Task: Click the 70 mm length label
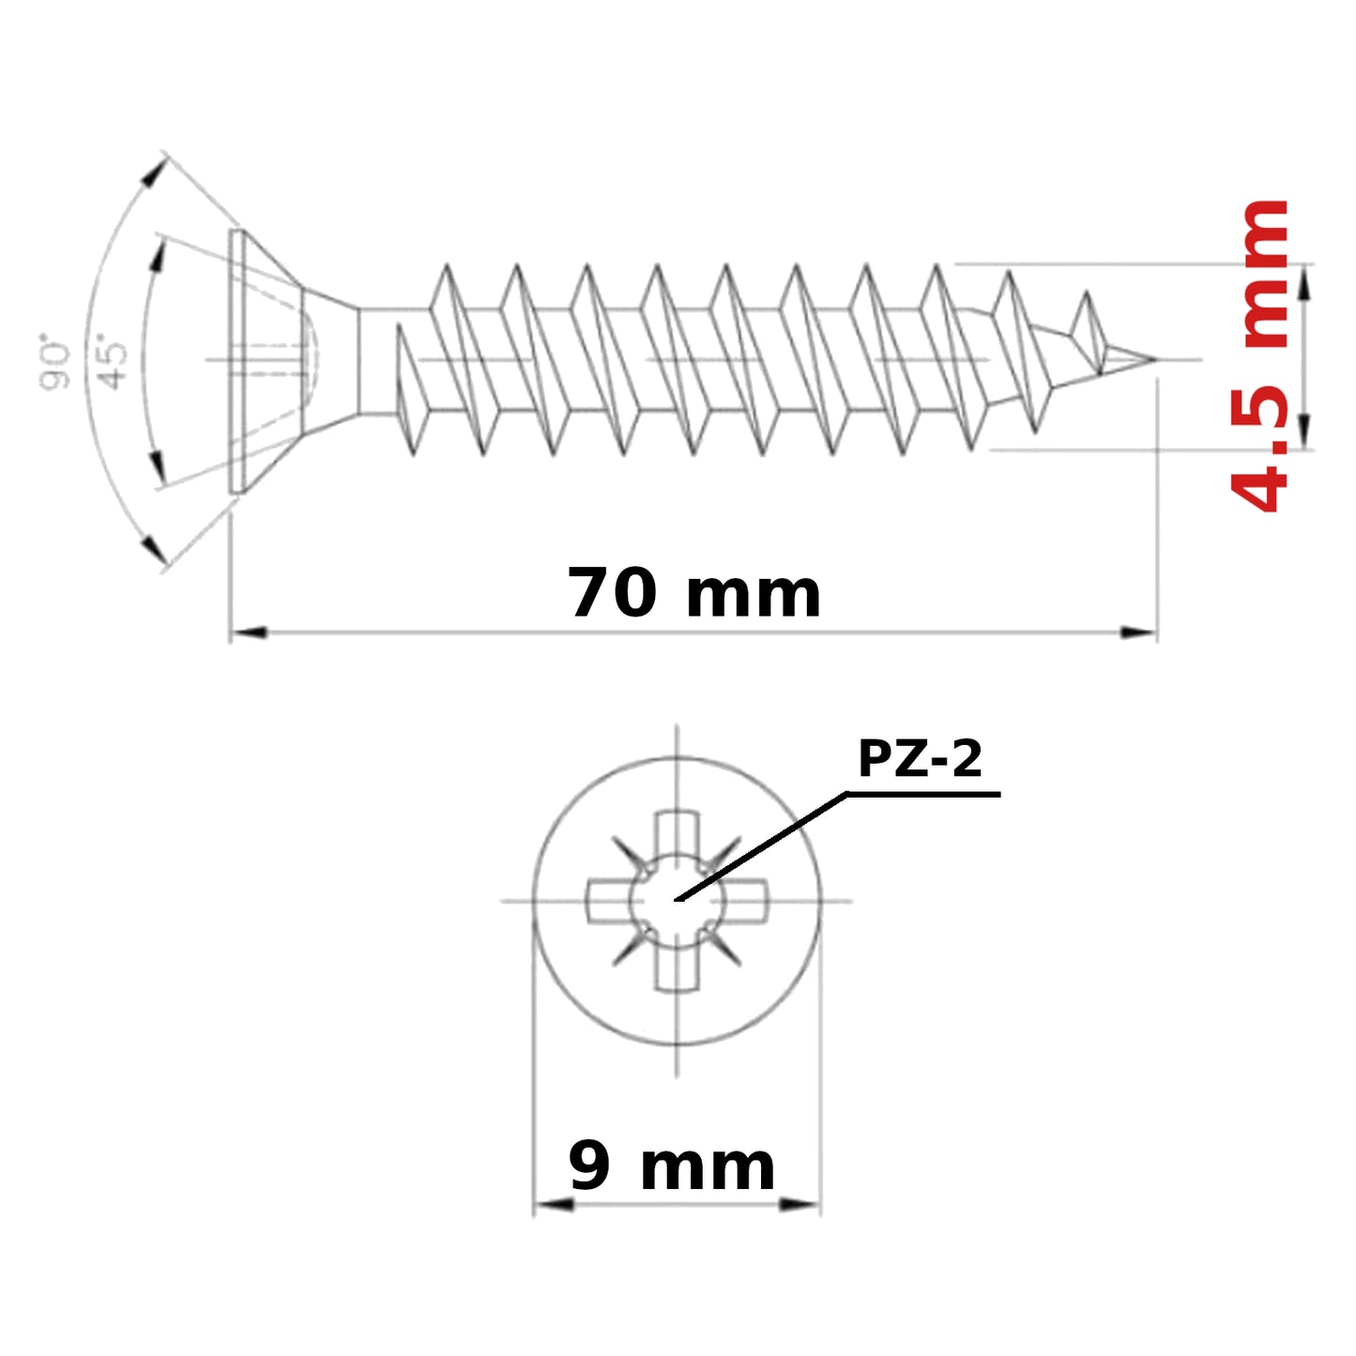point(693,593)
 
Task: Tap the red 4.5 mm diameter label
point(1259,357)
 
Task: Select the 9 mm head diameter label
point(671,1167)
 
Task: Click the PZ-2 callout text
point(920,758)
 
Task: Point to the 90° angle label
point(54,366)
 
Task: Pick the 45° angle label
point(112,366)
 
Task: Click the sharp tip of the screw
point(1155,359)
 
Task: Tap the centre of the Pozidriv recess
point(677,901)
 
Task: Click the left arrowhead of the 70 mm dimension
point(249,632)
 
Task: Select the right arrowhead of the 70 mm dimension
point(1138,632)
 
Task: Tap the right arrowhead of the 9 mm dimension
point(800,1206)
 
